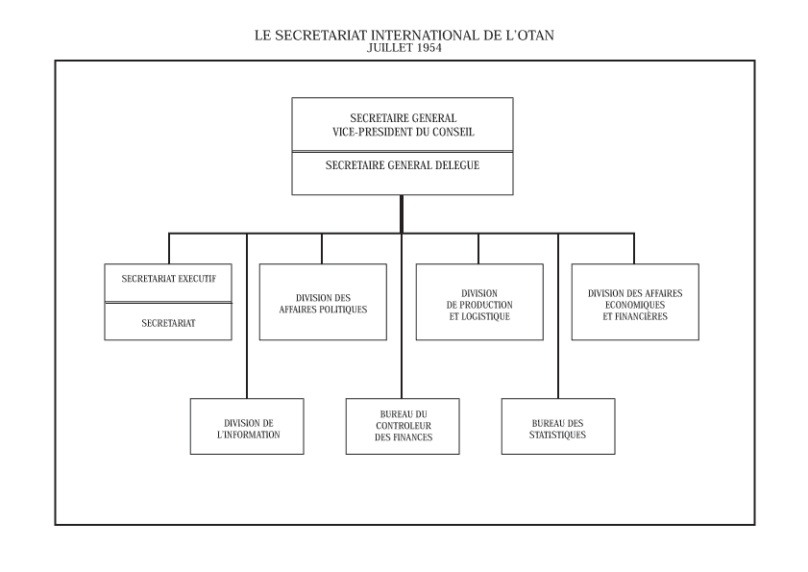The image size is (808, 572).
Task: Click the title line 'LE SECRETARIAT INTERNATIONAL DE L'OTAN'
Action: pyautogui.click(x=404, y=35)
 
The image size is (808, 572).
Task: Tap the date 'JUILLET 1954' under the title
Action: pyautogui.click(x=404, y=48)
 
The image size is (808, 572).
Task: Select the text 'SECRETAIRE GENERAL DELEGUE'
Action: pyautogui.click(x=403, y=165)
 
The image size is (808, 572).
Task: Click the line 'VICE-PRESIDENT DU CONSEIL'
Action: pyautogui.click(x=403, y=132)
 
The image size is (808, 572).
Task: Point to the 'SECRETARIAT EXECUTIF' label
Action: pyautogui.click(x=168, y=279)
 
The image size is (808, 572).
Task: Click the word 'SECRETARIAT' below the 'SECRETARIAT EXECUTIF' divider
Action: pyautogui.click(x=168, y=323)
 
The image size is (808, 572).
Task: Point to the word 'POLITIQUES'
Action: pyautogui.click(x=342, y=310)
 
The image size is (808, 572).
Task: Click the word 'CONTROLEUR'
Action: pyautogui.click(x=404, y=426)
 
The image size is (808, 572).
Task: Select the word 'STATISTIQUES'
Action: pyautogui.click(x=557, y=435)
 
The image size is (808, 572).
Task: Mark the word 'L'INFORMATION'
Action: pyautogui.click(x=249, y=435)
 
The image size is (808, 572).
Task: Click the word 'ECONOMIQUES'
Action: pyautogui.click(x=635, y=305)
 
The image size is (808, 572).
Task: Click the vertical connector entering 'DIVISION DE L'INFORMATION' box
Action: pyautogui.click(x=247, y=315)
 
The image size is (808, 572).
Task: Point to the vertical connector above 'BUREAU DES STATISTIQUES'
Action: pyautogui.click(x=558, y=315)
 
